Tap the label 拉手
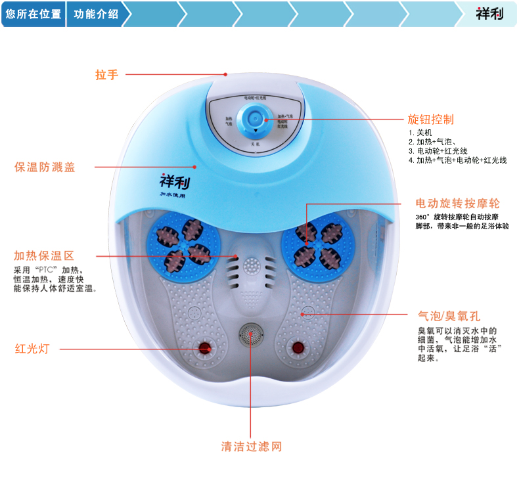(x=106, y=74)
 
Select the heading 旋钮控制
(x=430, y=120)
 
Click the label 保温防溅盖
(x=45, y=167)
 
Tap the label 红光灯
(x=32, y=349)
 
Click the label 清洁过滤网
(x=251, y=447)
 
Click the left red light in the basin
(x=206, y=347)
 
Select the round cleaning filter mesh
(x=250, y=336)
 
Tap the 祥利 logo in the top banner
(x=489, y=13)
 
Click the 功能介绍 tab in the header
(x=96, y=14)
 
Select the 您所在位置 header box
(x=33, y=14)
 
